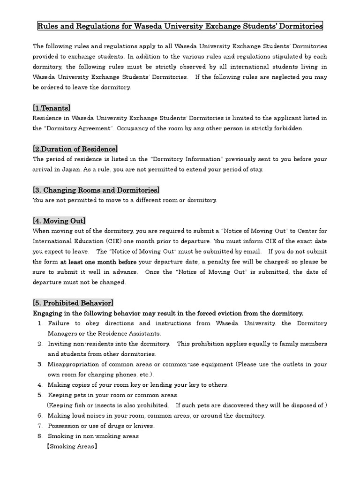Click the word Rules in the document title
click(x=48, y=26)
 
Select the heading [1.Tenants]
click(x=52, y=108)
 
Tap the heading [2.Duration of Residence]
click(x=75, y=149)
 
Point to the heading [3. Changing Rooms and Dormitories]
click(x=96, y=190)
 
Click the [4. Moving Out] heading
click(x=59, y=221)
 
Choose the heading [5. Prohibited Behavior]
click(x=73, y=303)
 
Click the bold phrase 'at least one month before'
click(x=98, y=262)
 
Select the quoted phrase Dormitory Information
click(x=186, y=159)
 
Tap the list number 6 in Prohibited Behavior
click(x=40, y=415)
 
